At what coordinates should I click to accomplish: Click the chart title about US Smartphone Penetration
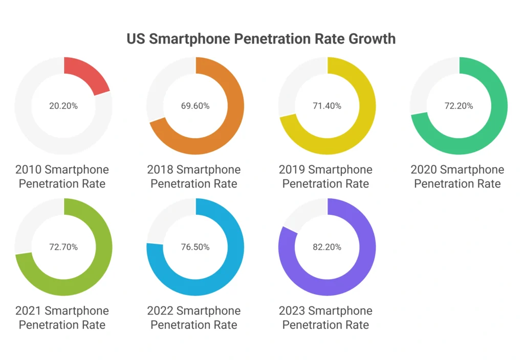click(x=261, y=39)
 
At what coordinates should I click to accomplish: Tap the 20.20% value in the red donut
click(x=63, y=106)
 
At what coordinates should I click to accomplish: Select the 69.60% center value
click(x=195, y=106)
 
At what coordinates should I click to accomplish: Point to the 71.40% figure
click(x=327, y=106)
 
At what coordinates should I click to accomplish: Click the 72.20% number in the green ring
click(x=458, y=106)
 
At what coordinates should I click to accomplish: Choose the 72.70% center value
click(x=63, y=247)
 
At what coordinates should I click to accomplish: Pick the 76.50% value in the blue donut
click(x=195, y=247)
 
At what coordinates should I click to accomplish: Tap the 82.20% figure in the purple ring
click(x=327, y=247)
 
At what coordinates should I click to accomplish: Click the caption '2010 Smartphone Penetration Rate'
click(x=62, y=176)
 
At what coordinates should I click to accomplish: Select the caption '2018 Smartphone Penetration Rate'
click(x=194, y=176)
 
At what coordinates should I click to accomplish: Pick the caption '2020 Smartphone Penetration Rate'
click(x=457, y=176)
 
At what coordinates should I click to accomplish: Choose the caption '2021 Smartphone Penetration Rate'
click(x=62, y=318)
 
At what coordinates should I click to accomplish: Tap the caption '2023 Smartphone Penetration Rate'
click(x=326, y=318)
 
